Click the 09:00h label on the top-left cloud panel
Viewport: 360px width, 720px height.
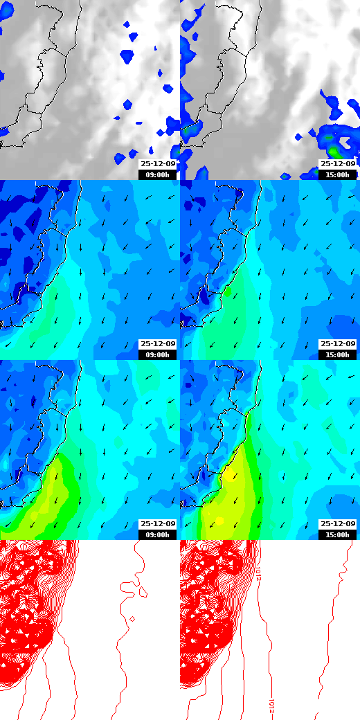[158, 174]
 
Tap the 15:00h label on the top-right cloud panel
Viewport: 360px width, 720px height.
[338, 174]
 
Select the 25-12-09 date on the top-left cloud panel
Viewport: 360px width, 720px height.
[158, 164]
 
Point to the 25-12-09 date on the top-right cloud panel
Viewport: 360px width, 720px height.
[338, 164]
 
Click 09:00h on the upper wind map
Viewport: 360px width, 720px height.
[158, 354]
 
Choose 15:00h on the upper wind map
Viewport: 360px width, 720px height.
[338, 354]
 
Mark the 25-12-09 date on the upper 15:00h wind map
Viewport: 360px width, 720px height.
[338, 344]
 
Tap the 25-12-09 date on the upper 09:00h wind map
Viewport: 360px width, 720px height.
[158, 344]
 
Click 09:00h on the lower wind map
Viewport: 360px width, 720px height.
[158, 534]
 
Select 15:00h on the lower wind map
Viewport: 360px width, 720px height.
[338, 534]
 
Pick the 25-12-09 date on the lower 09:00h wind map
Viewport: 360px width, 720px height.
[158, 524]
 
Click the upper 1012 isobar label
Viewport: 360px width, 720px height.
[258, 573]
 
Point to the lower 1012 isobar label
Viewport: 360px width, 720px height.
[271, 704]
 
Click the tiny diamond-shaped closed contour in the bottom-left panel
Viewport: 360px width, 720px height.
[132, 618]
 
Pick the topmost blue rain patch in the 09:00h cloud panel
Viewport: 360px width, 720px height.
[127, 25]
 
